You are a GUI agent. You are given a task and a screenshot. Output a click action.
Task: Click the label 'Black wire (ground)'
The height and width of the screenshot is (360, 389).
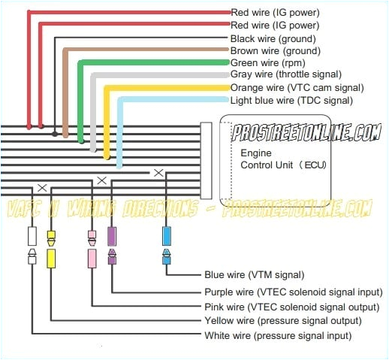click(274, 38)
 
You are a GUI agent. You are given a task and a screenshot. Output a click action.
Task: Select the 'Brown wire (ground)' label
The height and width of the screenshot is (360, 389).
click(276, 50)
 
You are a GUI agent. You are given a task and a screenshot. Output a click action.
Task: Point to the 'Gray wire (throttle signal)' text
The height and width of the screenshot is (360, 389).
click(286, 74)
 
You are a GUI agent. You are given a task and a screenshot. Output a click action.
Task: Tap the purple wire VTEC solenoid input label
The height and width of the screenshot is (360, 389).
click(293, 291)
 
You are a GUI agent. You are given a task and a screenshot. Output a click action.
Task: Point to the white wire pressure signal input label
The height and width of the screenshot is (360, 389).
click(278, 335)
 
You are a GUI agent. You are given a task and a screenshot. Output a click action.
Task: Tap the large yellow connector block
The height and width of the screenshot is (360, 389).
click(51, 259)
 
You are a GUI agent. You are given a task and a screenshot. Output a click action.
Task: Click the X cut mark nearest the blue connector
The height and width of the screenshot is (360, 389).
click(158, 173)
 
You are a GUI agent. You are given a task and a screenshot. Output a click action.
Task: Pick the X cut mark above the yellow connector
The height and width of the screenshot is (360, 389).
click(42, 186)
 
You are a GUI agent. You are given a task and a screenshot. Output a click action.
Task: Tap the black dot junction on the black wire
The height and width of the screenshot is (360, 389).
click(55, 135)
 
